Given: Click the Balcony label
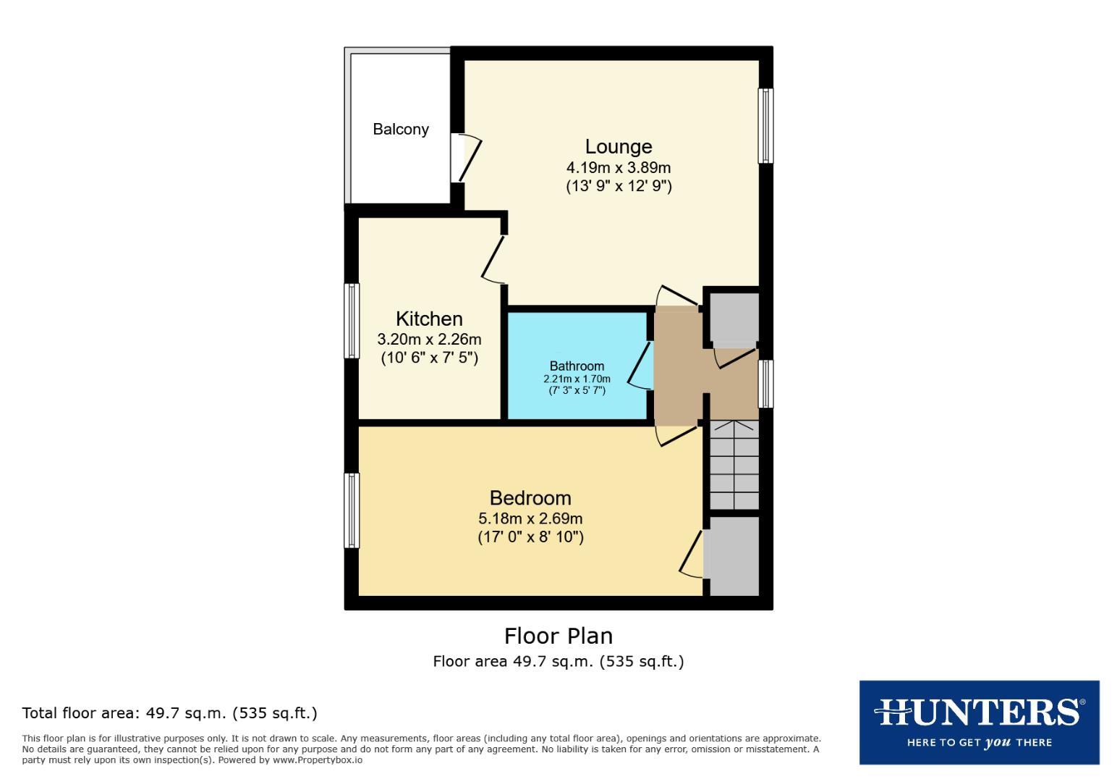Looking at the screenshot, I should pyautogui.click(x=400, y=130).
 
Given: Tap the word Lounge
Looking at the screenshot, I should pyautogui.click(x=618, y=147).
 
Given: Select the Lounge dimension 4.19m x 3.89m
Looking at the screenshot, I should pyautogui.click(x=618, y=168).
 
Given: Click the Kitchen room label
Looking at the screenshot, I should pyautogui.click(x=429, y=319).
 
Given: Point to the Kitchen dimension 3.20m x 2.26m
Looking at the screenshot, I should pyautogui.click(x=429, y=339).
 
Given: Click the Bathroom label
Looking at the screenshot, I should pyautogui.click(x=577, y=366).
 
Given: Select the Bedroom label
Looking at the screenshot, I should pyautogui.click(x=530, y=498).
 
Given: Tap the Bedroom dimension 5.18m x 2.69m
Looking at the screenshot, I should pyautogui.click(x=530, y=518).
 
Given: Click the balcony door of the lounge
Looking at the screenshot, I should pyautogui.click(x=467, y=158).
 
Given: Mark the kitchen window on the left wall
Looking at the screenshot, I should pyautogui.click(x=352, y=321).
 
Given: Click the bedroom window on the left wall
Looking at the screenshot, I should pyautogui.click(x=352, y=510).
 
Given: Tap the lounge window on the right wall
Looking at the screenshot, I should pyautogui.click(x=765, y=125).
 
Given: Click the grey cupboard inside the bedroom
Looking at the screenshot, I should pyautogui.click(x=734, y=556).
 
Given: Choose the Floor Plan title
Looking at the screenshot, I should pyautogui.click(x=558, y=636).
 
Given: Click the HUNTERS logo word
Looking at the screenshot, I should pyautogui.click(x=978, y=712).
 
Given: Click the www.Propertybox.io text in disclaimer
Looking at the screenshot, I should pyautogui.click(x=318, y=760).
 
